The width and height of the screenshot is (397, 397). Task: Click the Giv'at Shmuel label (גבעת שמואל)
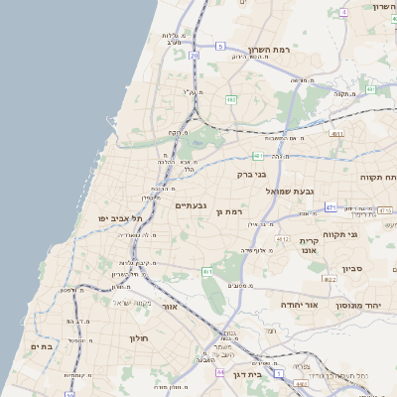tap(290, 190)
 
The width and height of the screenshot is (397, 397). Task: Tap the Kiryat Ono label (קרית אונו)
tap(308, 246)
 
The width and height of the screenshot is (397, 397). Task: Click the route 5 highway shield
tap(220, 46)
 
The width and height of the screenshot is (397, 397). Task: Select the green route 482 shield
tap(230, 99)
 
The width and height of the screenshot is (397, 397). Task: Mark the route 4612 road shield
tap(282, 239)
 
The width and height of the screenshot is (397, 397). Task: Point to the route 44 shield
tap(219, 372)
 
